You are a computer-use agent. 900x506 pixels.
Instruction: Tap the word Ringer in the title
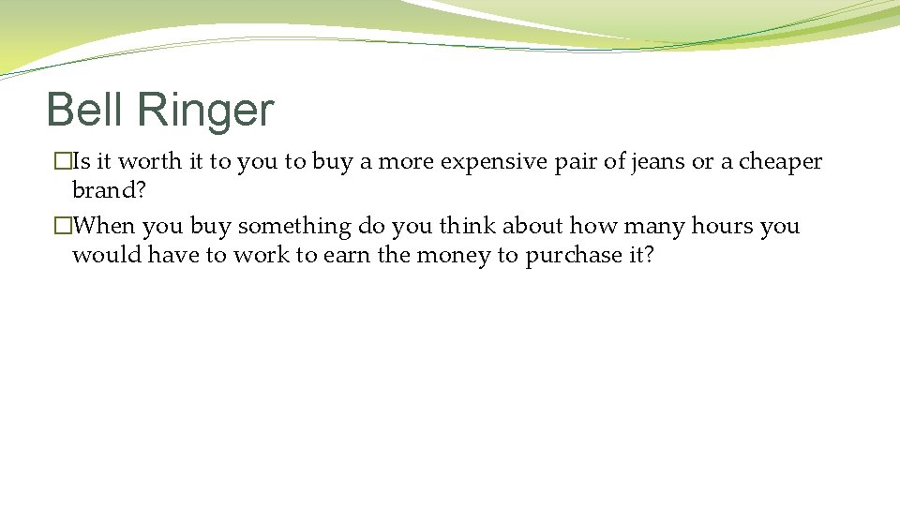pos(204,112)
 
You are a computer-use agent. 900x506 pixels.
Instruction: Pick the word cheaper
pos(780,162)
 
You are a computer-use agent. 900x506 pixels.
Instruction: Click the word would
pos(106,255)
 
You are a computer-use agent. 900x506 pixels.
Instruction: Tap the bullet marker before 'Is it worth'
pos(62,162)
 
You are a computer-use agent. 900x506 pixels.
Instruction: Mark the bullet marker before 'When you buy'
pos(62,227)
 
